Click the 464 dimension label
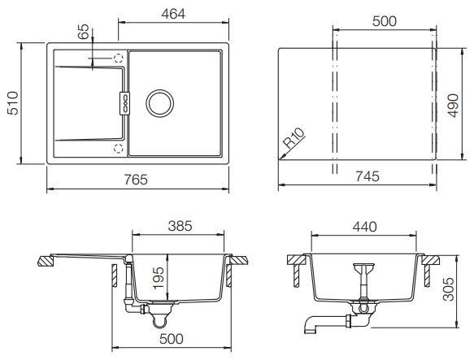coord(173,14)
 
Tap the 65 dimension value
coord(84,32)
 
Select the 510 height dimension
coord(13,103)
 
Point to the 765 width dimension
coord(136,180)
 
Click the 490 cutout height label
coord(453,106)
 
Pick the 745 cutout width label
coord(367,176)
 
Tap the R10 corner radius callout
coord(294,138)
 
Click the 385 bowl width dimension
coord(180,226)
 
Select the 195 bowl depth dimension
coord(159,278)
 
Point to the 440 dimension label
coord(365,227)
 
